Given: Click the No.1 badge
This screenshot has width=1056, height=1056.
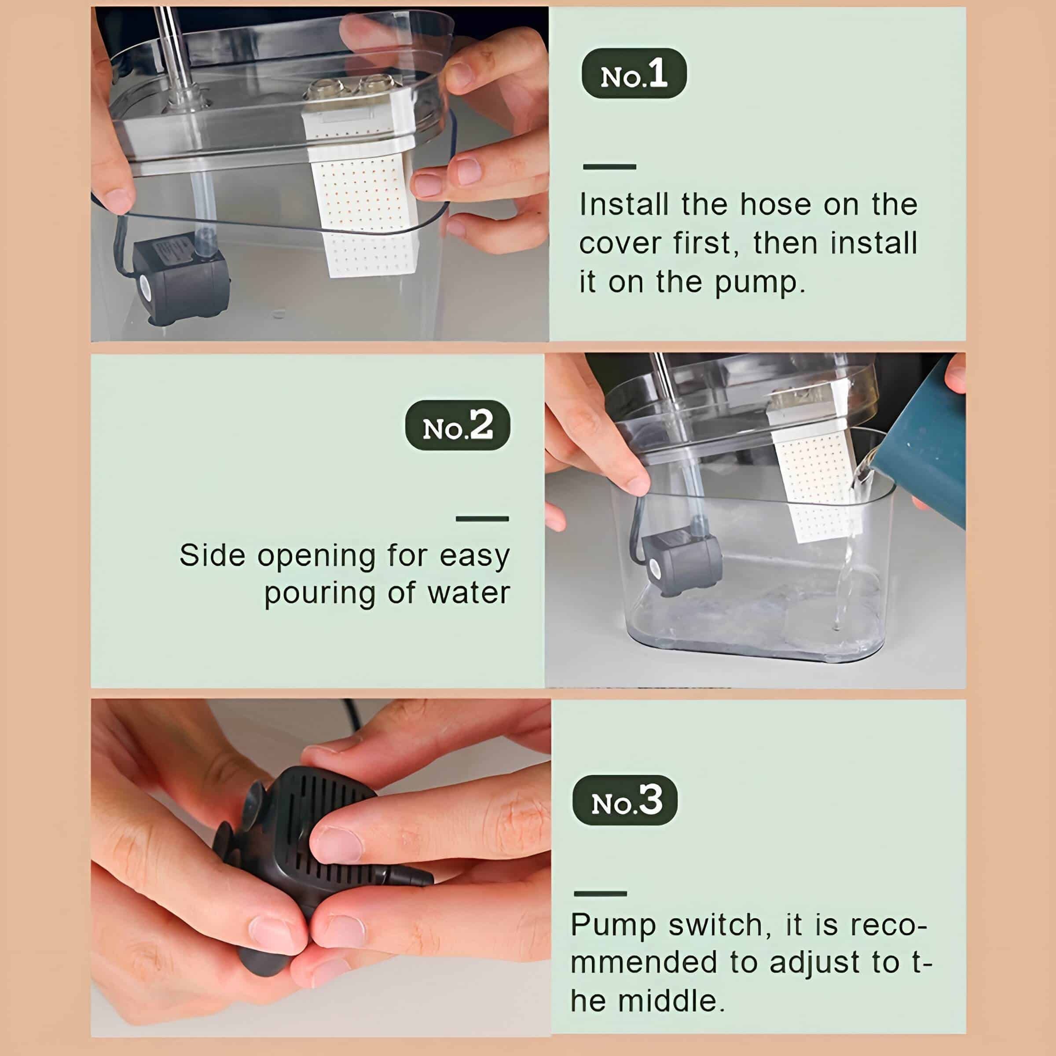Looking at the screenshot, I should pos(634,74).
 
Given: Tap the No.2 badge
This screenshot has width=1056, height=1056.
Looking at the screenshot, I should pos(458,425).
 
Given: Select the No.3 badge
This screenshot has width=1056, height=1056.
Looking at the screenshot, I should pos(625,800).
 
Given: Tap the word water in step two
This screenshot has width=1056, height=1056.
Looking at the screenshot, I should pos(469,594).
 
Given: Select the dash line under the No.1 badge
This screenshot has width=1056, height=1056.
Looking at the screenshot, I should pos(609,167).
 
